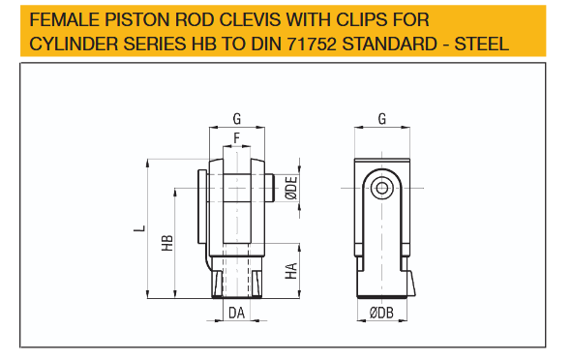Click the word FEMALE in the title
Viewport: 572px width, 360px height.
point(65,19)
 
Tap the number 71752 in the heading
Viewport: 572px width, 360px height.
point(312,44)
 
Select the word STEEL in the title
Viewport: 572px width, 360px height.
point(481,44)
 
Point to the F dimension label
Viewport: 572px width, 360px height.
point(237,138)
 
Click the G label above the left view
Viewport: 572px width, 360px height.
point(237,119)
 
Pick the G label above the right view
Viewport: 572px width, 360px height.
point(382,119)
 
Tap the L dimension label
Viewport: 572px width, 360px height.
point(139,228)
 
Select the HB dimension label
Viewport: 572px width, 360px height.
point(167,243)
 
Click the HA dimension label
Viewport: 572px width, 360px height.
point(291,271)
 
